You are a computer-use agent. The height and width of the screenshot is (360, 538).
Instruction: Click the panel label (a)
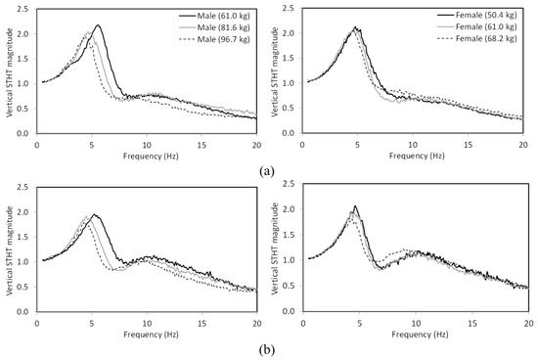coord(267,169)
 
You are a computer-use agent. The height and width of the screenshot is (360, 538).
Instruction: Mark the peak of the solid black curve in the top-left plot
coord(98,25)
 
